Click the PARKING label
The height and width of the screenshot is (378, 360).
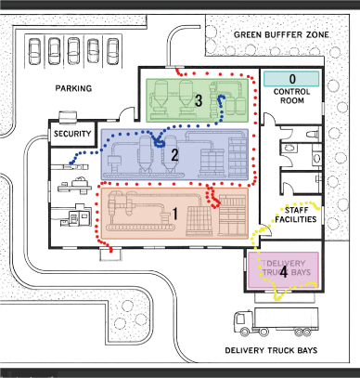(73, 88)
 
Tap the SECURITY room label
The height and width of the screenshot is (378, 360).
(72, 134)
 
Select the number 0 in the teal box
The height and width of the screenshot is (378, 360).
(292, 79)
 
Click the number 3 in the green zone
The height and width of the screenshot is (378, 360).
(199, 100)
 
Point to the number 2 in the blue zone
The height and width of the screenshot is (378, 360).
(174, 155)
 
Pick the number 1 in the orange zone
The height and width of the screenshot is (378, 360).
(175, 214)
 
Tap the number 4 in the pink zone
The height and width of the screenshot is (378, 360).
(283, 273)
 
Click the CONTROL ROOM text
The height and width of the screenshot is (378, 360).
(291, 96)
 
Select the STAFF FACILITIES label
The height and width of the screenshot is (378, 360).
(296, 215)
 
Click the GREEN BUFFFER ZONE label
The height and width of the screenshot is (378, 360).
(281, 34)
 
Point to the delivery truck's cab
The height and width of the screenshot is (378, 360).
(243, 323)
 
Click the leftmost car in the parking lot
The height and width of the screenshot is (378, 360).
(34, 51)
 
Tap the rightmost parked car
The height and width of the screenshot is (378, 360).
(112, 51)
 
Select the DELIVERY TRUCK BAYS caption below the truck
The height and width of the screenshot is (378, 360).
(271, 350)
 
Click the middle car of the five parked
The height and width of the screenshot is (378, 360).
(73, 51)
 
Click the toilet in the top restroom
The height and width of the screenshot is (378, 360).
(313, 135)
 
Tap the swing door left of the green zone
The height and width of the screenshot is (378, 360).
(126, 113)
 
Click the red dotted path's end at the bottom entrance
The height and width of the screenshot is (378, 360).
(110, 252)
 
